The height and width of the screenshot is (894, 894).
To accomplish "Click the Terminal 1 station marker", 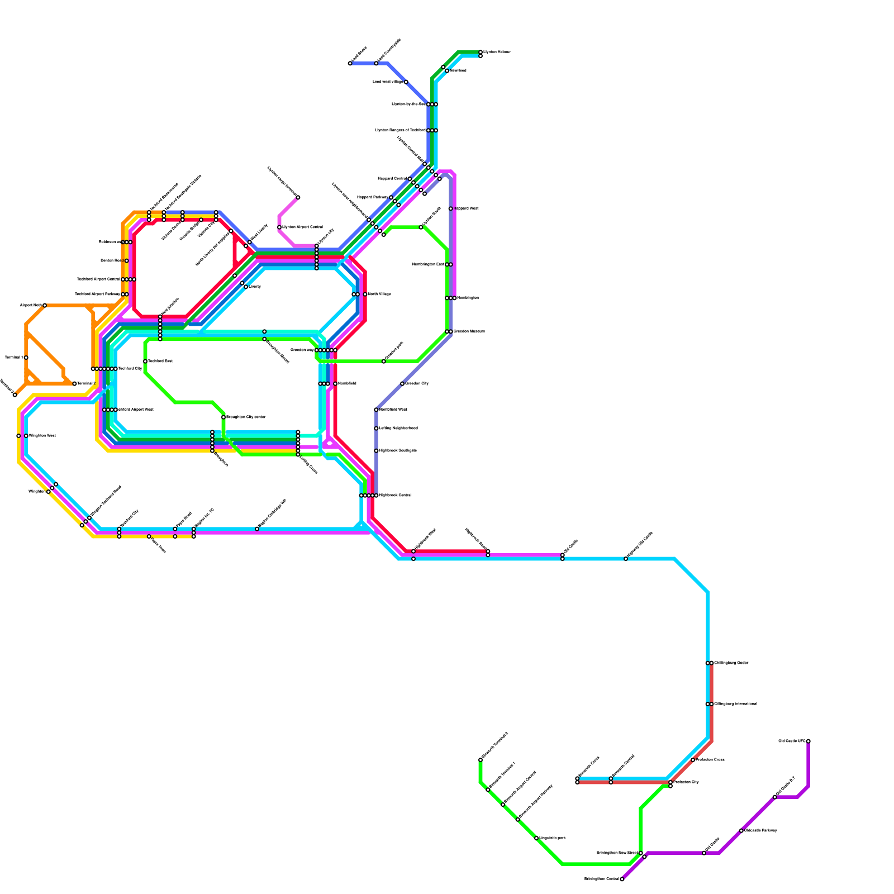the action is tap(26, 358).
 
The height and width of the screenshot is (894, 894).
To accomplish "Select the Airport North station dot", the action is tap(45, 305).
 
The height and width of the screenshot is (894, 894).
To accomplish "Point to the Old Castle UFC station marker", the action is tap(808, 741).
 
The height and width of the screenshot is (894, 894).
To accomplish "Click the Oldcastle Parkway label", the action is tap(760, 830).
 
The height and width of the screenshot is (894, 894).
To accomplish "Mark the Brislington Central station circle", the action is tap(622, 879).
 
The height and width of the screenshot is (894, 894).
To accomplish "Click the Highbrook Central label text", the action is tap(395, 495).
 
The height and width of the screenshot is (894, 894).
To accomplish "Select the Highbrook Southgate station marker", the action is tap(376, 450).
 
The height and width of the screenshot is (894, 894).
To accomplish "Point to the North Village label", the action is tap(379, 294).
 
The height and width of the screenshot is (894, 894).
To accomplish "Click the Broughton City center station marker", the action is tap(223, 417).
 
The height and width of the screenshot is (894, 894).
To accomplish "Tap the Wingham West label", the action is tap(42, 435).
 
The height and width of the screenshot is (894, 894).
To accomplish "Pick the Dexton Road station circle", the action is tap(126, 260).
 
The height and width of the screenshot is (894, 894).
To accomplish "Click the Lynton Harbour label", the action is tap(497, 52).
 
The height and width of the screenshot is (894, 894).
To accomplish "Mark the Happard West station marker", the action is tap(450, 208).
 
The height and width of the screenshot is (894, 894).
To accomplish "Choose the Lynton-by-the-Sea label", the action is tap(408, 104).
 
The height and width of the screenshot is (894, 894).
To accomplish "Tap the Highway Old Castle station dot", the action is tap(626, 558).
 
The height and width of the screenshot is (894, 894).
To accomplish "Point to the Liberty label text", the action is tap(255, 286).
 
